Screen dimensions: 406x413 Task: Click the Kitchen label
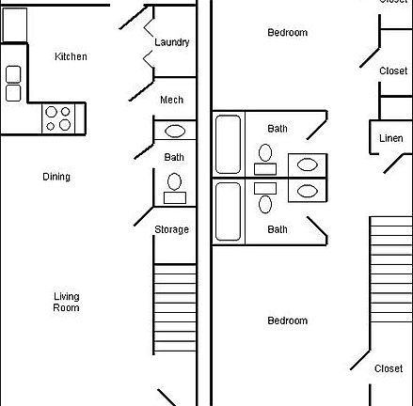[x=71, y=56]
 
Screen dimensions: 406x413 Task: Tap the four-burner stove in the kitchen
[x=58, y=117]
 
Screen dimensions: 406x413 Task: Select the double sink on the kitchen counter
[x=13, y=83]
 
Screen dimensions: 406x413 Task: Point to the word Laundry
[x=172, y=42]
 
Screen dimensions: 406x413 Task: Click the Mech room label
[x=171, y=101]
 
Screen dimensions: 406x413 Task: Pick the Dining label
[x=56, y=177]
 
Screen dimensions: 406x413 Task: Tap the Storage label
[x=171, y=229]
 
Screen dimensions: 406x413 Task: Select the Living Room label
[x=66, y=302]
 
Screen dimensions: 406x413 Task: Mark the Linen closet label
[x=390, y=139]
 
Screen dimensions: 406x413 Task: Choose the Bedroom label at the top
[x=287, y=33]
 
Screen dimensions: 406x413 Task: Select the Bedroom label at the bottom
[x=287, y=320]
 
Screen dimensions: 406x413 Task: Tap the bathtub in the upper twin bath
[x=229, y=144]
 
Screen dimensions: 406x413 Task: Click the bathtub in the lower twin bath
[x=229, y=211]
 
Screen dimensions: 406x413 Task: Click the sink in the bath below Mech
[x=175, y=133]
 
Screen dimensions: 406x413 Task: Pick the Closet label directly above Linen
[x=393, y=70]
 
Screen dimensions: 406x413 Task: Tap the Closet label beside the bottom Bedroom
[x=389, y=368]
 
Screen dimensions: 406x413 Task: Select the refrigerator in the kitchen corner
[x=14, y=25]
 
